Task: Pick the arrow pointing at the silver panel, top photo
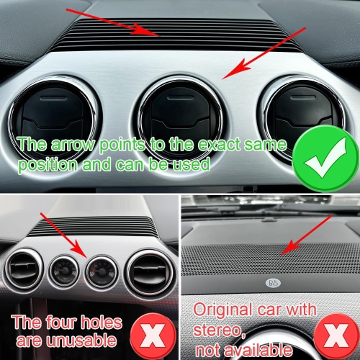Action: (262, 54)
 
